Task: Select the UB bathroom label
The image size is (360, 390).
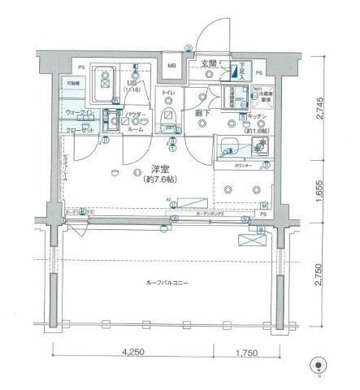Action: click(x=129, y=82)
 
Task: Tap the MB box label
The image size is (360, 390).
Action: click(x=173, y=66)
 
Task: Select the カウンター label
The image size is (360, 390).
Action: click(x=243, y=166)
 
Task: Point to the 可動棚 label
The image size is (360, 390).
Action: click(x=72, y=84)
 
